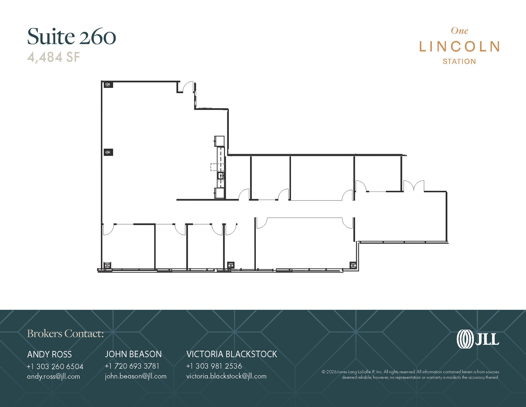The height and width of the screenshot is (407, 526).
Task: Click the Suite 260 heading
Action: click(x=71, y=37)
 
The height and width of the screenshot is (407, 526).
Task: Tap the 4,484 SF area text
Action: click(x=53, y=57)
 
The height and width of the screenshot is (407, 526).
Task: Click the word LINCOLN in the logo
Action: click(x=459, y=47)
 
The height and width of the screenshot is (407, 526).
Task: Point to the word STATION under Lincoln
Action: click(x=459, y=61)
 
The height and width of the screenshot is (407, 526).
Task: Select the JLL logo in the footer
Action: click(x=478, y=339)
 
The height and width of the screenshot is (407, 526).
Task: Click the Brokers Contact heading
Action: click(x=65, y=333)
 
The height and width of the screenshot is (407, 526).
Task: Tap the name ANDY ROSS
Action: click(x=49, y=354)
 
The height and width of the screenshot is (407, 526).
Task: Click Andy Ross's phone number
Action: click(x=55, y=366)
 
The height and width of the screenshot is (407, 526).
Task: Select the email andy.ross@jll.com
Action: click(x=53, y=376)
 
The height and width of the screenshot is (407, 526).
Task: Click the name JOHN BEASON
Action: click(x=133, y=354)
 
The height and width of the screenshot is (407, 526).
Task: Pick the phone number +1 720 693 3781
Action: click(x=132, y=366)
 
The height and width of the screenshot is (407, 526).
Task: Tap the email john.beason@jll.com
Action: click(x=136, y=376)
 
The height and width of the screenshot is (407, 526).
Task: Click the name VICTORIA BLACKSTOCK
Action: click(x=232, y=354)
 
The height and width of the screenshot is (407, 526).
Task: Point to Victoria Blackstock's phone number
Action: click(x=214, y=366)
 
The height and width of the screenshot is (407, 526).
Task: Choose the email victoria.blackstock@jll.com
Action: click(x=226, y=376)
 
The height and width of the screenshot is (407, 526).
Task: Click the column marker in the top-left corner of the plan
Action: click(x=108, y=84)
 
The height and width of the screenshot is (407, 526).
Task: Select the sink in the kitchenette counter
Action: click(x=221, y=176)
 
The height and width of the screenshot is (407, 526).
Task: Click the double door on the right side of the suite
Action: click(x=414, y=186)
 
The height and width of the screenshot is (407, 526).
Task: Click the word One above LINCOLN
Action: click(x=459, y=31)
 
